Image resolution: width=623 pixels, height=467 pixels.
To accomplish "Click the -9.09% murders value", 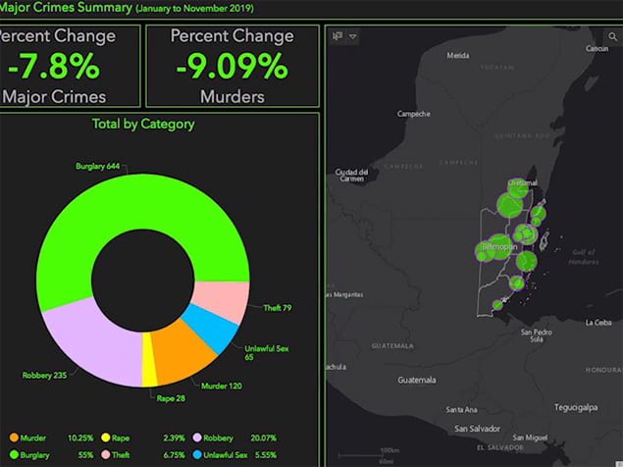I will coord(232,67).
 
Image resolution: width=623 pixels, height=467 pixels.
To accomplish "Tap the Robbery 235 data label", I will coord(44,375).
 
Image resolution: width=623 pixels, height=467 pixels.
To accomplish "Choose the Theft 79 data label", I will coord(277,308).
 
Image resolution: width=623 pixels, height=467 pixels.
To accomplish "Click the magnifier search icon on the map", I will coord(613,37).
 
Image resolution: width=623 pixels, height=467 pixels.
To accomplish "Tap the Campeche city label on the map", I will coord(413,113).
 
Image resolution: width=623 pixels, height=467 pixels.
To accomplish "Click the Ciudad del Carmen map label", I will coord(351,176).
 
